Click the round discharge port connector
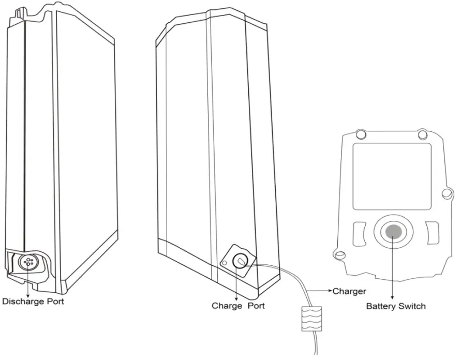click(27, 262)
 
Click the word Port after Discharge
click(54, 301)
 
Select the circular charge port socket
click(240, 261)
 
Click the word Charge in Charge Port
click(227, 306)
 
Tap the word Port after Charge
click(256, 306)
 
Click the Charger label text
click(349, 291)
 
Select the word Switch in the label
click(413, 306)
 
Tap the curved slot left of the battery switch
click(361, 233)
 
